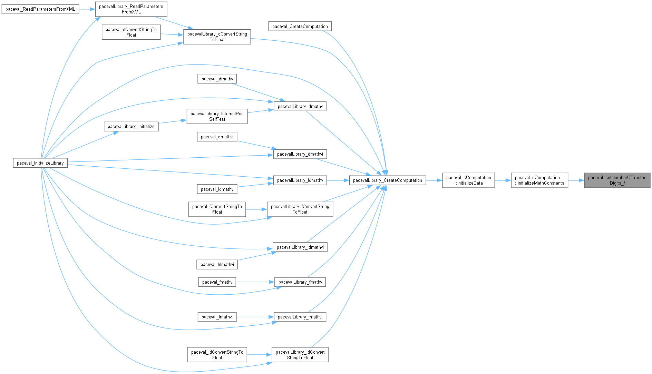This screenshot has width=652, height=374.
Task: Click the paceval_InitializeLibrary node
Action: point(40,163)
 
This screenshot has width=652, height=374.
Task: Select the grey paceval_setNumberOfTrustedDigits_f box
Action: point(617,180)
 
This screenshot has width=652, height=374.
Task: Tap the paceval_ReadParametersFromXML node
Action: point(40,9)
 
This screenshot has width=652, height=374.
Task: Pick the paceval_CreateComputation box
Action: point(300,26)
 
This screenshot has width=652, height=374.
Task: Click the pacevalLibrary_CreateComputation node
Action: point(388,180)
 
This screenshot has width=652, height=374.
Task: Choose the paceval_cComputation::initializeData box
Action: point(468,180)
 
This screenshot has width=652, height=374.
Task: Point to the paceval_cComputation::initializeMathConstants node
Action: point(539,180)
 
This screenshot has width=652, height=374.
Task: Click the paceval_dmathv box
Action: point(217,79)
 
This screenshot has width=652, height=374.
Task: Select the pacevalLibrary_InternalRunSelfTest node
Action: point(217,116)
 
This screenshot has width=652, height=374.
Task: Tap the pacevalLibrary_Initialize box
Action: point(131,126)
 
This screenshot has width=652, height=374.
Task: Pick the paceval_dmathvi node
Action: point(217,137)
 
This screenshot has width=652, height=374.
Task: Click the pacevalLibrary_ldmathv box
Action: point(300,180)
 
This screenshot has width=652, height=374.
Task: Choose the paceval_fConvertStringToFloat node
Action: point(217,209)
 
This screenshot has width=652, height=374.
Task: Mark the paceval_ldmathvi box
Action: point(217,264)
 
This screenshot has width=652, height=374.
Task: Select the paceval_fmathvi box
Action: point(217,317)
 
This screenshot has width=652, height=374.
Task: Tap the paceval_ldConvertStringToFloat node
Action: point(217,355)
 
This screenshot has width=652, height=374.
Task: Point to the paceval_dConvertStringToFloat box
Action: point(131,32)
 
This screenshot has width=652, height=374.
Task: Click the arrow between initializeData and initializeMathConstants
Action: point(503,180)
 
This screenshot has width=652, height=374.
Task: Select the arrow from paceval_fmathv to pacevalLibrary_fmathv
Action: point(255,282)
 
